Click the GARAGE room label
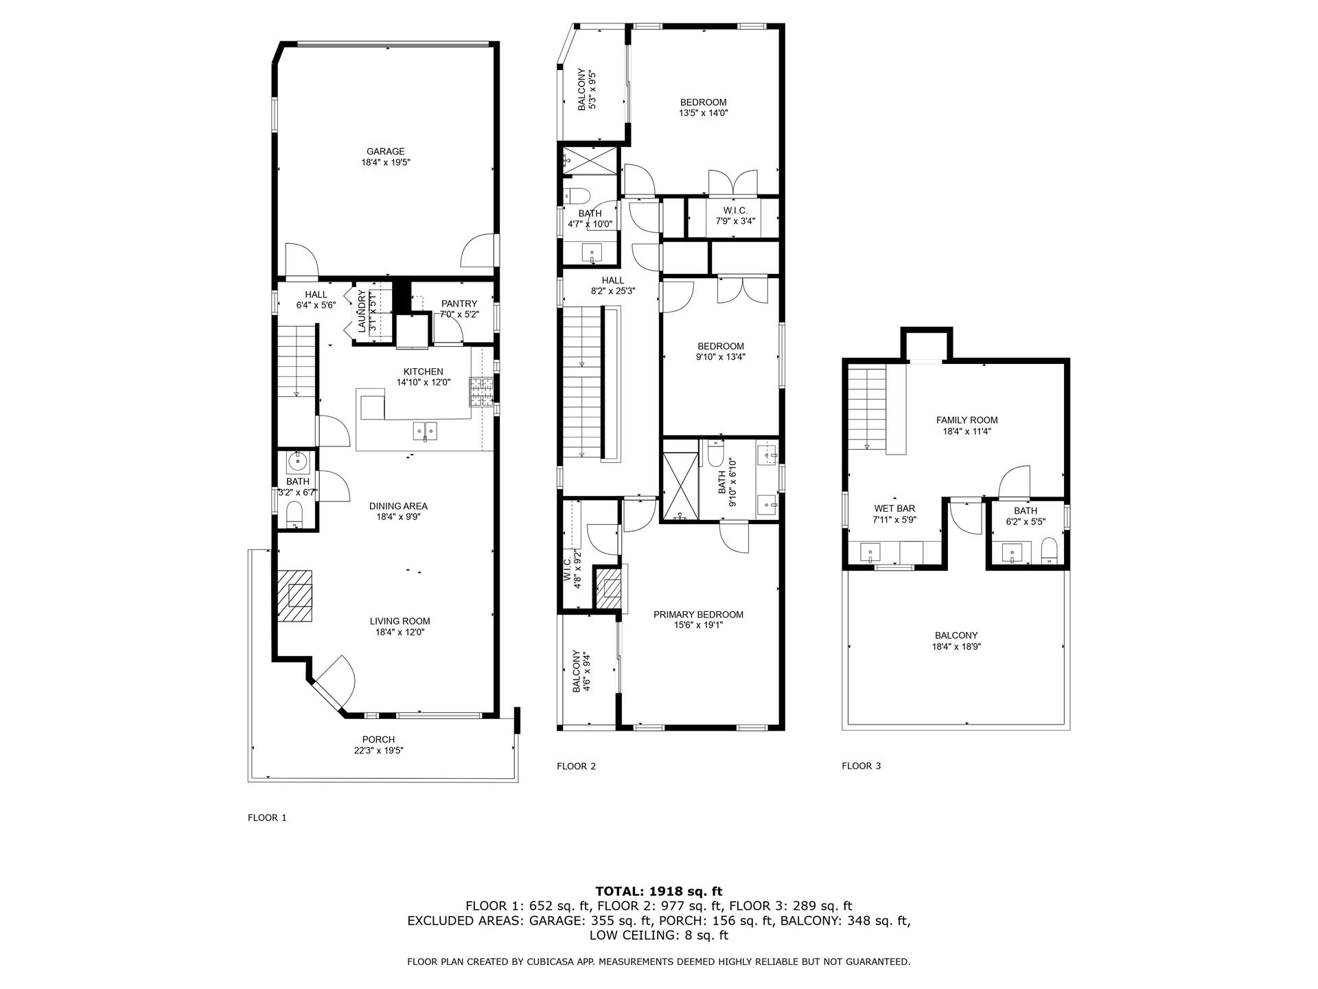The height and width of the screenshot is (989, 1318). [385, 152]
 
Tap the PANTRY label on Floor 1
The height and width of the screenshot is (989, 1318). [459, 304]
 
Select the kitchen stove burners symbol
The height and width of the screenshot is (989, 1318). [481, 391]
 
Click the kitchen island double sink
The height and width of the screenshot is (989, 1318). [426, 431]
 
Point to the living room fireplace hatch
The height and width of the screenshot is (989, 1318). [295, 596]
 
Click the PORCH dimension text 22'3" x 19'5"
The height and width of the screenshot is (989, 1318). [378, 751]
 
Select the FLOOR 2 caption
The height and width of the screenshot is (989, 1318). [576, 766]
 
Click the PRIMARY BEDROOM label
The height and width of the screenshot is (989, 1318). [698, 615]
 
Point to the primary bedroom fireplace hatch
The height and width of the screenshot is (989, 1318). [608, 589]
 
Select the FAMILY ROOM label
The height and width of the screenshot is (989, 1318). [967, 420]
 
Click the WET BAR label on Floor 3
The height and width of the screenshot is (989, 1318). [894, 509]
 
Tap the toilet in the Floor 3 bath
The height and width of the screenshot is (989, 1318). [1048, 551]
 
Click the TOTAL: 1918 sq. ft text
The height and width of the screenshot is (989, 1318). [658, 892]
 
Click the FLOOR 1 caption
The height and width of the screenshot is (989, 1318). [266, 817]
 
